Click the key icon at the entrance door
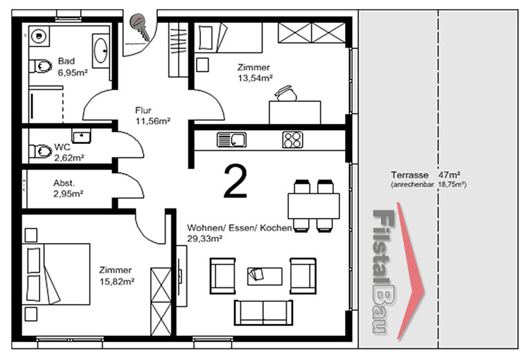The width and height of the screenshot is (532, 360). [x=140, y=27]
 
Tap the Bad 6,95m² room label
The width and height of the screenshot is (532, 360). [x=73, y=66]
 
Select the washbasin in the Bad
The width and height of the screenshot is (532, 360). [x=100, y=51]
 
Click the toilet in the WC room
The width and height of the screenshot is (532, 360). [x=41, y=151]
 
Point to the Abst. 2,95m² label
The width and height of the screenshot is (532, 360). [x=68, y=188]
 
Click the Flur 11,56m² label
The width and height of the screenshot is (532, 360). [x=152, y=116]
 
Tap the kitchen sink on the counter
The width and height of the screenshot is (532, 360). [x=231, y=140]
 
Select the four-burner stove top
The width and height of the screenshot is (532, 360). [x=292, y=140]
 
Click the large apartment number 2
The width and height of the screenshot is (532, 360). [x=235, y=181]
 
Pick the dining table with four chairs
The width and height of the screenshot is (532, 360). [x=314, y=206]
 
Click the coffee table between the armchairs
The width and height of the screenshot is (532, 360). [x=265, y=276]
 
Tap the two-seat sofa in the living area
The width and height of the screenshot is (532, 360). [x=263, y=312]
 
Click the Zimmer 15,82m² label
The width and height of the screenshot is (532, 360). [x=117, y=276]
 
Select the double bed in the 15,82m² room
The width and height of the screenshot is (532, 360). [x=56, y=274]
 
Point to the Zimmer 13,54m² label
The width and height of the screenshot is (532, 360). [x=255, y=73]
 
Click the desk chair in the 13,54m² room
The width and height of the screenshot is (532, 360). [x=285, y=93]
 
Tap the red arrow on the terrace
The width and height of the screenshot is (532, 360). [x=411, y=271]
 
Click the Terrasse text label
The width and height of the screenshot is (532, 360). [x=409, y=175]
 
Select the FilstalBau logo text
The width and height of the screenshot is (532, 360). [x=384, y=271]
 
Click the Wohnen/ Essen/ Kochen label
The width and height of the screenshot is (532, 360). [x=239, y=228]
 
